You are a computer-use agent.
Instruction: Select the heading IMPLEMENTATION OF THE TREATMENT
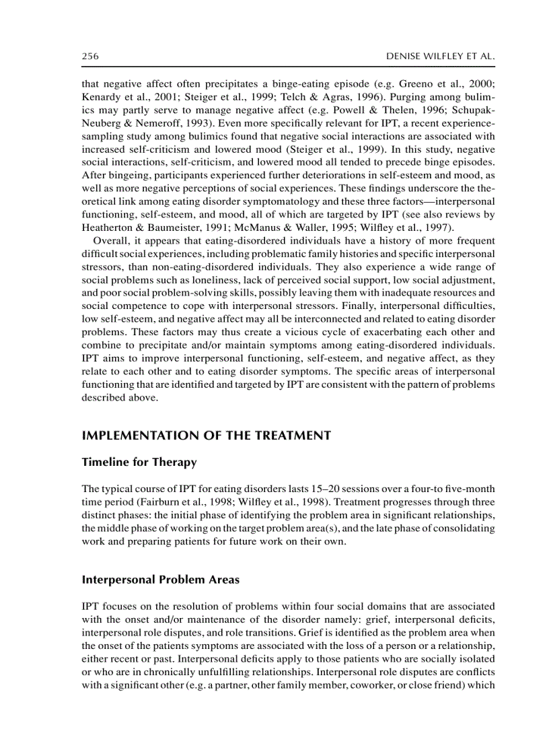(x=206, y=436)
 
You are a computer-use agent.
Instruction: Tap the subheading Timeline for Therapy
(x=139, y=462)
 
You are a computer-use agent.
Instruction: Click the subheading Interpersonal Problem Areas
(x=160, y=580)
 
